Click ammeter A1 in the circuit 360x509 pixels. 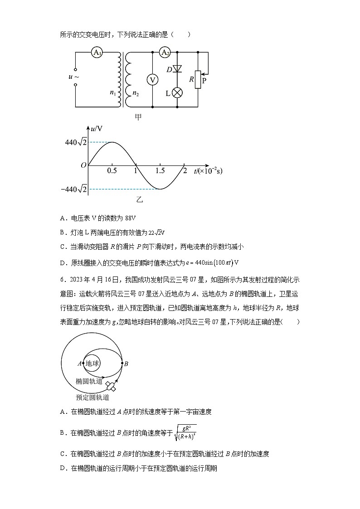pos(96,53)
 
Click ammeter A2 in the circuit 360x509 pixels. pos(165,53)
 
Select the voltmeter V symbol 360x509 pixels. pos(153,80)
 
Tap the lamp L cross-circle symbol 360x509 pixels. pos(178,93)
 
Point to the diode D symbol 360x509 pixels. pos(178,69)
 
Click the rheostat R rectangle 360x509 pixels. pos(198,80)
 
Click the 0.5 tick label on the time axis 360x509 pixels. pos(112,171)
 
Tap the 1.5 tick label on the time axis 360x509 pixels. pos(160,171)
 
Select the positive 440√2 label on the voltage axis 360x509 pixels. pos(76,142)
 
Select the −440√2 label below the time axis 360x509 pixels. pos(74,189)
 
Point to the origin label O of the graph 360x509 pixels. pos(83,165)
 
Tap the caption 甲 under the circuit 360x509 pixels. pos(138,117)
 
